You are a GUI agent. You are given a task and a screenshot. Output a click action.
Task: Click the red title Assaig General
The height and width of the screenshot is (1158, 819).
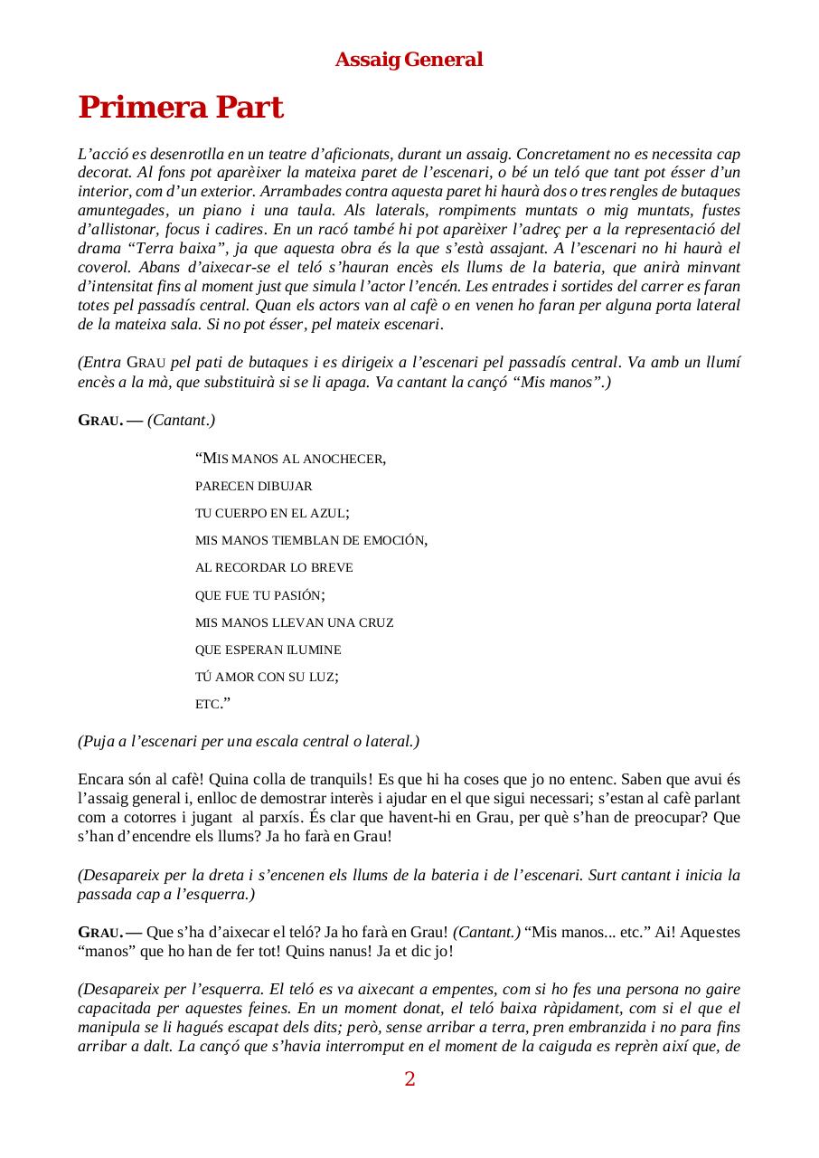409,60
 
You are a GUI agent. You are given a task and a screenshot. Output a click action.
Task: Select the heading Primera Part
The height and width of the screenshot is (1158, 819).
181,108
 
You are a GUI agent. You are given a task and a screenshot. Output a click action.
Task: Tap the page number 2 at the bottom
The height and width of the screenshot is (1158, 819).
409,1078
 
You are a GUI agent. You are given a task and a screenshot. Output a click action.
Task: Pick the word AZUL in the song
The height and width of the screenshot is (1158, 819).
327,514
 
